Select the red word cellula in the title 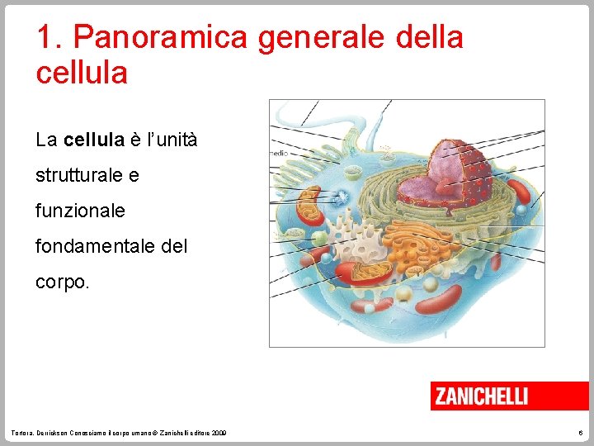pos(82,73)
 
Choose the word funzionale pos(80,211)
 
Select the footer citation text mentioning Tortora pos(120,433)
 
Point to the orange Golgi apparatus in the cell pos(408,241)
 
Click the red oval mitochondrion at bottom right pos(441,301)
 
